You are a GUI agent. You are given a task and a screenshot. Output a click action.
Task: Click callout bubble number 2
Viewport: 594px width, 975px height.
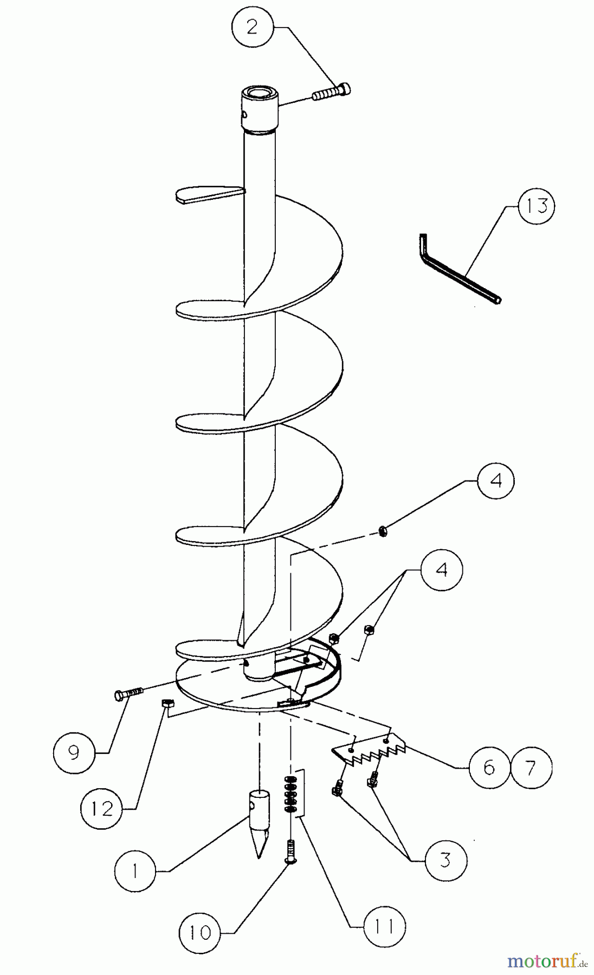point(252,27)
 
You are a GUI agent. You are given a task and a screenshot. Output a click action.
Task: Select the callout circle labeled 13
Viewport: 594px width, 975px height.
point(536,206)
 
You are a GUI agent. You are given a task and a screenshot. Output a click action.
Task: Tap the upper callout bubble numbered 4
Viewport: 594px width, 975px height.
point(495,481)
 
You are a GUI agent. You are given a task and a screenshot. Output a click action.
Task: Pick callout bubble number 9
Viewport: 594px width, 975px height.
point(74,752)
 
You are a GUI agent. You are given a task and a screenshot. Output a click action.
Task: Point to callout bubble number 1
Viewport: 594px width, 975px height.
point(135,870)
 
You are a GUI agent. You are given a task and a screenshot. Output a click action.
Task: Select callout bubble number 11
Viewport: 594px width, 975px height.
point(385,926)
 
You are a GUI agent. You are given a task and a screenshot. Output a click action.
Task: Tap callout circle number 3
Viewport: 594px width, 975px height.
point(445,860)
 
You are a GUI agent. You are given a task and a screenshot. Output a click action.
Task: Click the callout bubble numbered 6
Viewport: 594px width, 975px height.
point(489,767)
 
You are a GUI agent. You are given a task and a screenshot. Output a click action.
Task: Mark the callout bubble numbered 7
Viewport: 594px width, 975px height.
point(531,767)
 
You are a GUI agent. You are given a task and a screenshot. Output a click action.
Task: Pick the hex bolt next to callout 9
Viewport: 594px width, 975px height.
point(128,693)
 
